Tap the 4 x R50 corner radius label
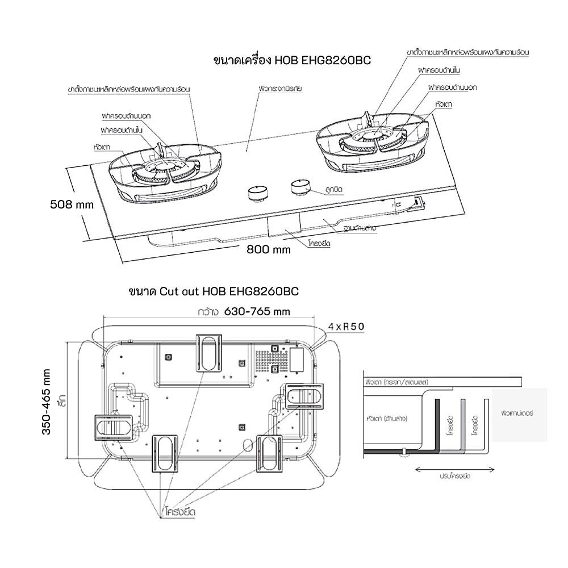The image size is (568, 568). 345,326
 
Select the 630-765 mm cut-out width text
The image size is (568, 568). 257,311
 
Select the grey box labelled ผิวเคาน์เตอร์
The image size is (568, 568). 519,415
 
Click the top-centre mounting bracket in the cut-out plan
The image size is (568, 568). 210,352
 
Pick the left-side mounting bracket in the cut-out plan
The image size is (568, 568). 114,428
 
